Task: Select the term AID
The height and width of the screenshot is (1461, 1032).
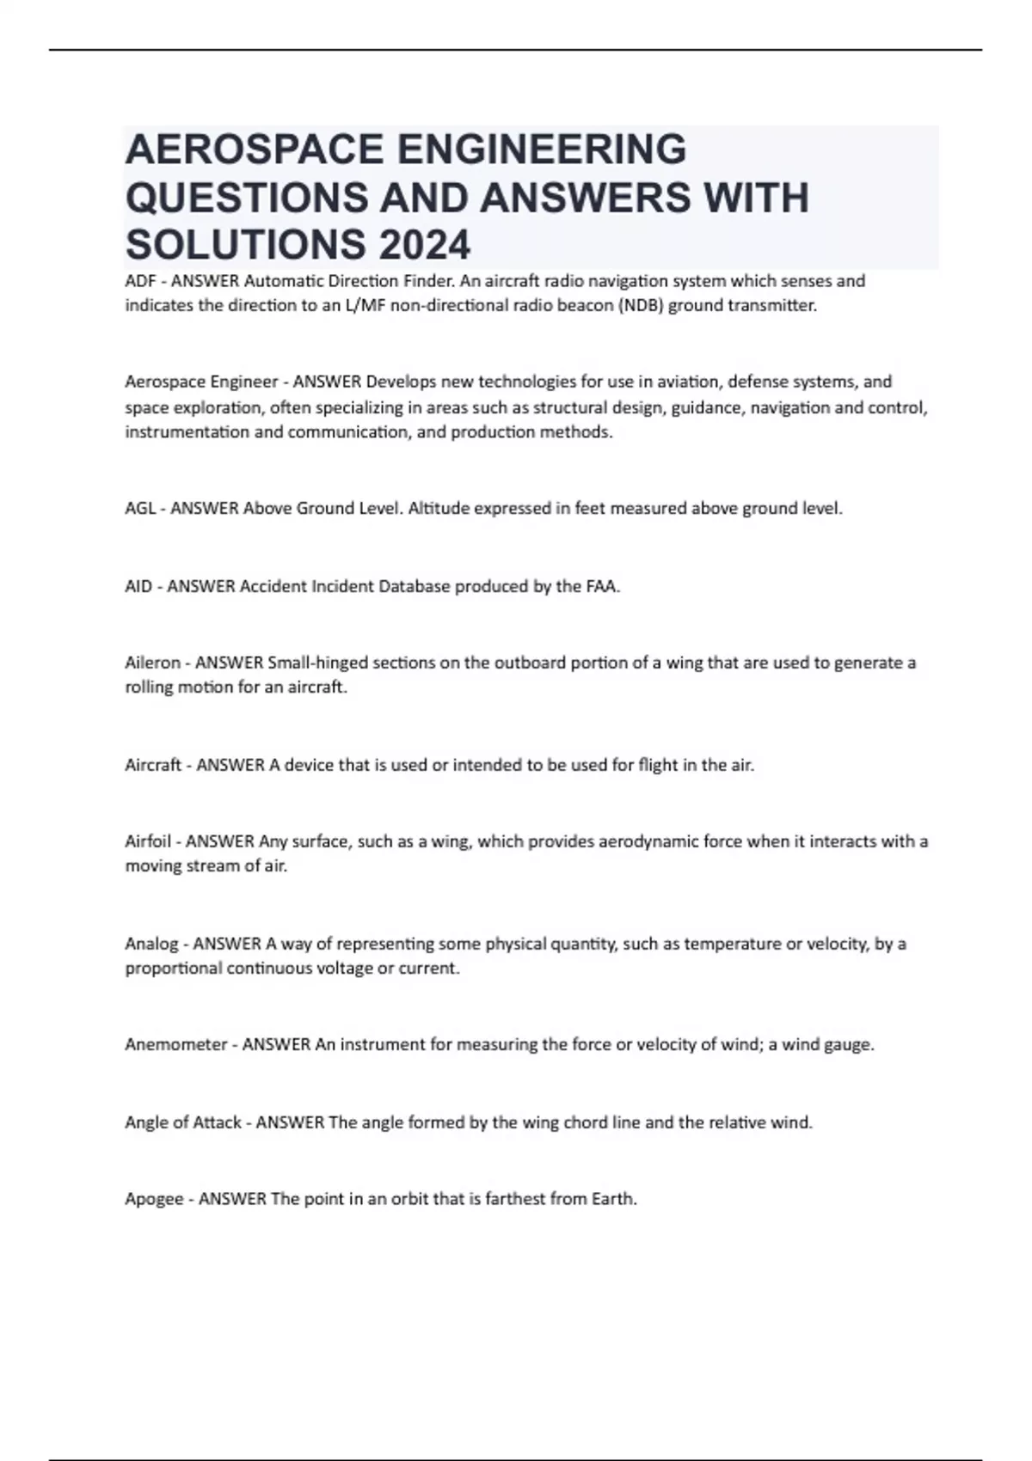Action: point(138,587)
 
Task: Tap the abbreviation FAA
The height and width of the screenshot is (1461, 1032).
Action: point(602,587)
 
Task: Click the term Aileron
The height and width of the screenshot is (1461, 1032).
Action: point(152,663)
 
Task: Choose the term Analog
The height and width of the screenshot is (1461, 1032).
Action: point(151,944)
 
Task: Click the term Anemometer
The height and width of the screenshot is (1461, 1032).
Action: point(175,1045)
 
